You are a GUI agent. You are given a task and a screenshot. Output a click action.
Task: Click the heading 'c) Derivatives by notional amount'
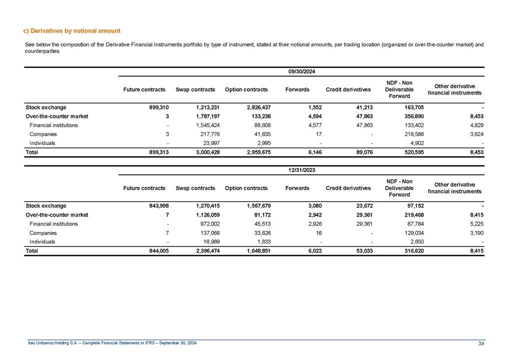click(72, 31)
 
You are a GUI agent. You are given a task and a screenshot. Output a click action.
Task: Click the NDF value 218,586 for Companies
click(414, 134)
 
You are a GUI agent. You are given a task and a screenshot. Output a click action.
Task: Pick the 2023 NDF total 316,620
click(414, 250)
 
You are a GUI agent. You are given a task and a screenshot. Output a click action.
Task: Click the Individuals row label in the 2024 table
click(43, 143)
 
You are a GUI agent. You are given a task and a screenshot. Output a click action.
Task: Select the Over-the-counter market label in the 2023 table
click(57, 214)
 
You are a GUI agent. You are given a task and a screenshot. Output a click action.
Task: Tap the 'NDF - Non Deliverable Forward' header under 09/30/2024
click(400, 89)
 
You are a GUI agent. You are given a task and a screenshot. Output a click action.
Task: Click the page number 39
click(481, 343)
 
